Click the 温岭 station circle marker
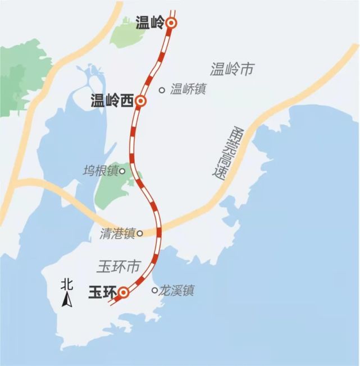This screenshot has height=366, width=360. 172,23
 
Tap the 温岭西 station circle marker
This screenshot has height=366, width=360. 140,101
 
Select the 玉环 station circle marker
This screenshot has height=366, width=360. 124,292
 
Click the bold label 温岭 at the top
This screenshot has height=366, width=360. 150,23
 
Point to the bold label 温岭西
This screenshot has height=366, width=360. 112,101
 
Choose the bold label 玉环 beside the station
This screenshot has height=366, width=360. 102,292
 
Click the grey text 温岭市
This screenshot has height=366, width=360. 233,70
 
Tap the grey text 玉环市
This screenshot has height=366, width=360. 119,266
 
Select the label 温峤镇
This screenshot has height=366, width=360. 188,89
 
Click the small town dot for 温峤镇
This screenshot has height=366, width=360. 162,89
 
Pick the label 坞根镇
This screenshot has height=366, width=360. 100,171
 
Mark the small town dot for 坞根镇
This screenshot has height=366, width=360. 122,170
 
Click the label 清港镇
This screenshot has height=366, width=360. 118,234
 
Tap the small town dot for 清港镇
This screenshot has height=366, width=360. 140,233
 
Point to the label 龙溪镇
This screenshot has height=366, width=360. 177,291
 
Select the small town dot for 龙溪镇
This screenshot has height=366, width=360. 155,290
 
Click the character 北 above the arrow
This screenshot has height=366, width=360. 67,285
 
